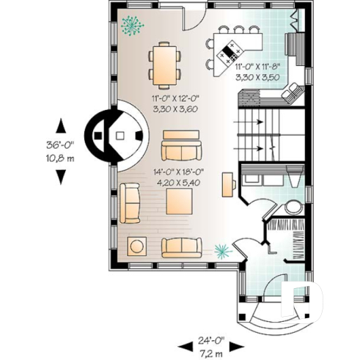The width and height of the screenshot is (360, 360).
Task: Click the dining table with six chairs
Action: click(x=162, y=64)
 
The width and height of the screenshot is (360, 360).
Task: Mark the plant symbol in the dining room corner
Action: click(x=133, y=23)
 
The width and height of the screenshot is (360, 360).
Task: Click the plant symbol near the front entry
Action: click(x=221, y=251)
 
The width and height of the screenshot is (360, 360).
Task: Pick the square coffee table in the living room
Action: click(x=178, y=202)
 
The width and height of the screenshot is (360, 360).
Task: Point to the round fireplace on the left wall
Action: click(x=114, y=135)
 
